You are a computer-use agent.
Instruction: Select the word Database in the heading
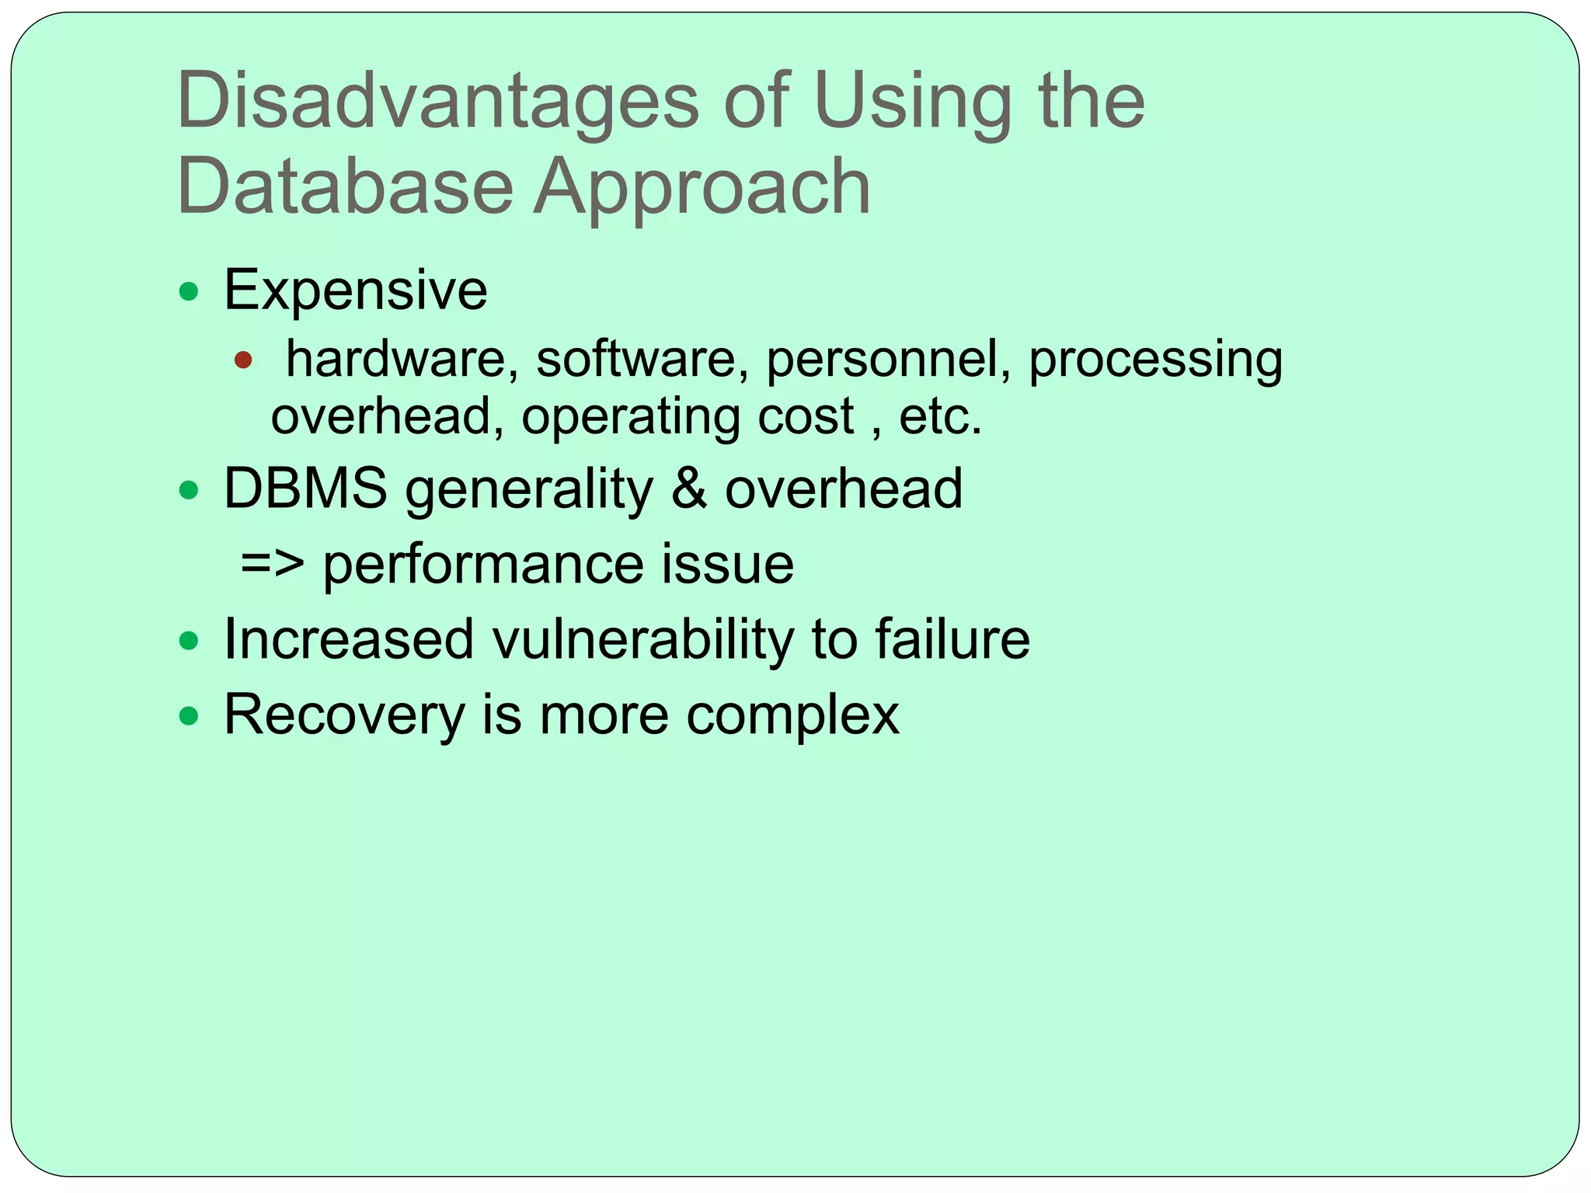pyautogui.click(x=345, y=186)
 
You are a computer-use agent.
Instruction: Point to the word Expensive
pyautogui.click(x=356, y=290)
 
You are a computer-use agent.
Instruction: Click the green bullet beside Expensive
pyautogui.click(x=189, y=292)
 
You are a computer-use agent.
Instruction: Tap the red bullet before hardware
pyautogui.click(x=243, y=360)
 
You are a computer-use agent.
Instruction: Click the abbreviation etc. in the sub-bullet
pyautogui.click(x=940, y=417)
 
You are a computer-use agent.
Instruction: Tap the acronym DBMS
pyautogui.click(x=305, y=489)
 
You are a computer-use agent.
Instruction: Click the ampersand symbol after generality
pyautogui.click(x=689, y=489)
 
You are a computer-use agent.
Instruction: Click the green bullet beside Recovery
pyautogui.click(x=189, y=715)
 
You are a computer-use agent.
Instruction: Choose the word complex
pyautogui.click(x=792, y=716)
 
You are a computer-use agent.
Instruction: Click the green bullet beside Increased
pyautogui.click(x=189, y=641)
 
